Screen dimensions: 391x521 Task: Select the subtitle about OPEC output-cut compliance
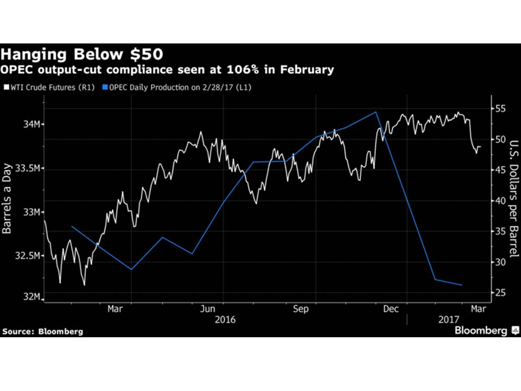pyautogui.click(x=167, y=70)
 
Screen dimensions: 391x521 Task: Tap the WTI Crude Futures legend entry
pyautogui.click(x=49, y=86)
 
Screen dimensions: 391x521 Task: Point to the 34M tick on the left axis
pyautogui.click(x=30, y=124)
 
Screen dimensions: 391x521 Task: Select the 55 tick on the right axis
pyautogui.click(x=500, y=109)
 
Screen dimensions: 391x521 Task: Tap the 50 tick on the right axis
pyautogui.click(x=500, y=140)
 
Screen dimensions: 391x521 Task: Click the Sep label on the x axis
pyautogui.click(x=301, y=309)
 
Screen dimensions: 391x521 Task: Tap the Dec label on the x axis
pyautogui.click(x=392, y=309)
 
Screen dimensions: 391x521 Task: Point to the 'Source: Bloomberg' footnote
pyautogui.click(x=43, y=331)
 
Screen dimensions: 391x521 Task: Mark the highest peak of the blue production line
pyautogui.click(x=376, y=112)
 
